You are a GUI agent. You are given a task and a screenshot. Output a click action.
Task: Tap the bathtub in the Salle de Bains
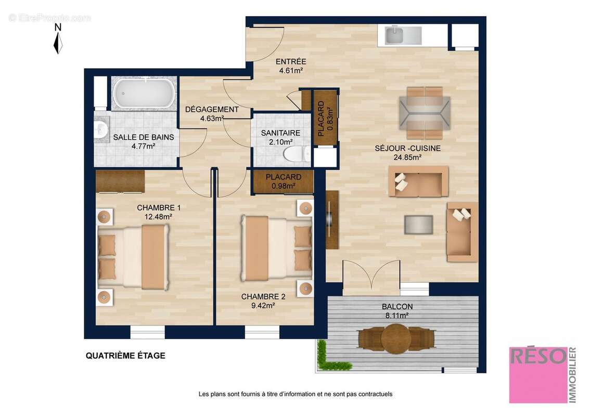142,93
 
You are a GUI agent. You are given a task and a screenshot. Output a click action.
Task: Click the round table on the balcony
396,339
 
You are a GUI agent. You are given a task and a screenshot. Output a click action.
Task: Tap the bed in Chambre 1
133,257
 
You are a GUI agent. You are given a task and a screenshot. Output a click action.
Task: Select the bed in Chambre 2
276,249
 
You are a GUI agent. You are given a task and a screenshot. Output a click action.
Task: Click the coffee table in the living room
418,224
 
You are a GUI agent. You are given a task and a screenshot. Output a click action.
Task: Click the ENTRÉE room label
290,62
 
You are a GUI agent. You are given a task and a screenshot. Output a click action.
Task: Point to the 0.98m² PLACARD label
284,181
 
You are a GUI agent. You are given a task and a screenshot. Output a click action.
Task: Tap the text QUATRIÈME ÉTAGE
125,356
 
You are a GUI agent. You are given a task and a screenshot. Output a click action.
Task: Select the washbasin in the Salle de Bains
101,129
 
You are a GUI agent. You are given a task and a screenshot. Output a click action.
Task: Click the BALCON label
396,307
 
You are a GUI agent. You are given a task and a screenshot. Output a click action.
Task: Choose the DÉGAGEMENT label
212,110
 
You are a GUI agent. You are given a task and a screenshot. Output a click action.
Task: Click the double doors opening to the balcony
371,278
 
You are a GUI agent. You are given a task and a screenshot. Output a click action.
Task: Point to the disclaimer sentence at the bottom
295,394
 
